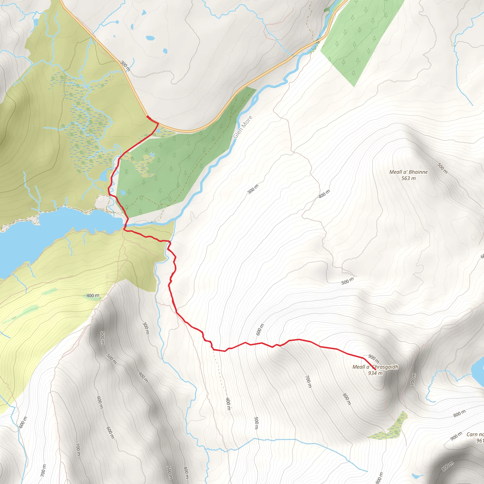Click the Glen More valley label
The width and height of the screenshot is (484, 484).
(x=242, y=127)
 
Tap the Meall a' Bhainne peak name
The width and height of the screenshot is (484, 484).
(x=408, y=172)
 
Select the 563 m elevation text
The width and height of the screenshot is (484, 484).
(x=408, y=178)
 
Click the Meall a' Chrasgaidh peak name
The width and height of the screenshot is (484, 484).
(x=375, y=367)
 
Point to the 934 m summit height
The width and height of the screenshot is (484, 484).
(x=375, y=373)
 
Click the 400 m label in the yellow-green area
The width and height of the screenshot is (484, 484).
(x=93, y=296)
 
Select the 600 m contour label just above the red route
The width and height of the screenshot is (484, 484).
(x=260, y=329)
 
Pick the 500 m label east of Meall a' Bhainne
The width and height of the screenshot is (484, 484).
(x=442, y=168)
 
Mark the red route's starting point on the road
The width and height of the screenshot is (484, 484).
(x=147, y=117)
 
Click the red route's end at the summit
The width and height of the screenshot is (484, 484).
(x=375, y=370)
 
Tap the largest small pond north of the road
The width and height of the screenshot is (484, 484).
(x=150, y=38)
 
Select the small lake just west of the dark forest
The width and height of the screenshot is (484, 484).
(x=103, y=176)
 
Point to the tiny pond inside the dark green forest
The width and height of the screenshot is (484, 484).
(x=122, y=192)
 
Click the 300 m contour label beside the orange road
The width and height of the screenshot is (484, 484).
(x=125, y=66)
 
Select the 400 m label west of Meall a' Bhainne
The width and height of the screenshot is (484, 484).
(x=324, y=194)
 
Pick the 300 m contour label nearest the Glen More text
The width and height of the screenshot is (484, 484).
(x=253, y=189)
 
